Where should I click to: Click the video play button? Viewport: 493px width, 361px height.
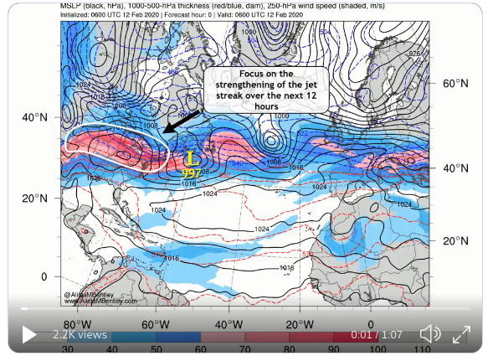(28, 335)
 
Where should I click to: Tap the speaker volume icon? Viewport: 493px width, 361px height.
(430, 334)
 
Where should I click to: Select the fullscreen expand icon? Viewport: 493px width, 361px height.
(460, 335)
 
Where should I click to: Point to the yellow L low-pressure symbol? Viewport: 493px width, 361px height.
(191, 157)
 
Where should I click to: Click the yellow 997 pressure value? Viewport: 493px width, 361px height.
(191, 172)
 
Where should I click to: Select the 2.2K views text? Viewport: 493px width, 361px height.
(80, 334)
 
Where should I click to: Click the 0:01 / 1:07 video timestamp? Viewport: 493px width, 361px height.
(377, 334)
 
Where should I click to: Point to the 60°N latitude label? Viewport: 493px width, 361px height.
(456, 84)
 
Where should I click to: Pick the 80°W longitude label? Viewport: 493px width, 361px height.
(77, 323)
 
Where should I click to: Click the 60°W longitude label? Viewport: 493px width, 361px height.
(151, 323)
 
